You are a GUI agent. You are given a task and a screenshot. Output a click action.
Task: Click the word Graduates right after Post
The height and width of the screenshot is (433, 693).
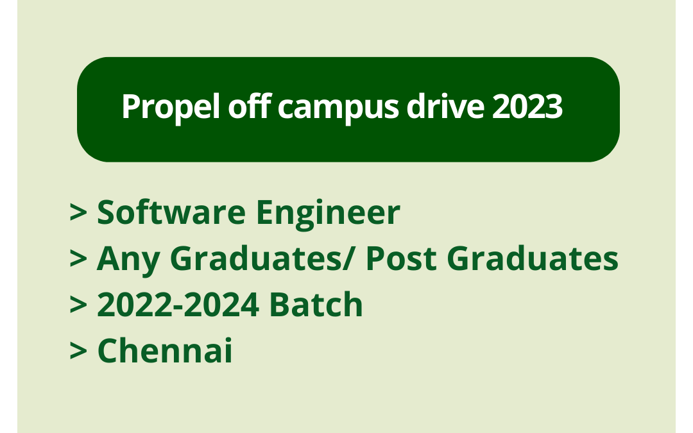(532, 259)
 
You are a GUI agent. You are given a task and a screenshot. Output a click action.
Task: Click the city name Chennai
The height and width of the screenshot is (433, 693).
(165, 351)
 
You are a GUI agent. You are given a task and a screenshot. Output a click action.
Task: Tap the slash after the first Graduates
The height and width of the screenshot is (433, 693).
(352, 259)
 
